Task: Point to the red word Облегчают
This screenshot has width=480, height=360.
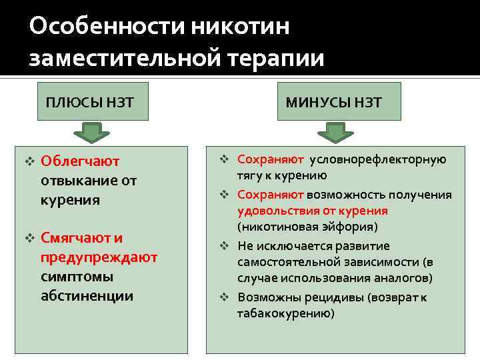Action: (x=80, y=161)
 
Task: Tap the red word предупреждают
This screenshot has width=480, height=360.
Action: (x=99, y=257)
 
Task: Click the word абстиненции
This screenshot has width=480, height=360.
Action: (x=87, y=295)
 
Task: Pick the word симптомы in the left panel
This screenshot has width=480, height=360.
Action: (x=77, y=276)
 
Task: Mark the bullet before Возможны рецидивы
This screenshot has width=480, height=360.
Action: (x=225, y=297)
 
